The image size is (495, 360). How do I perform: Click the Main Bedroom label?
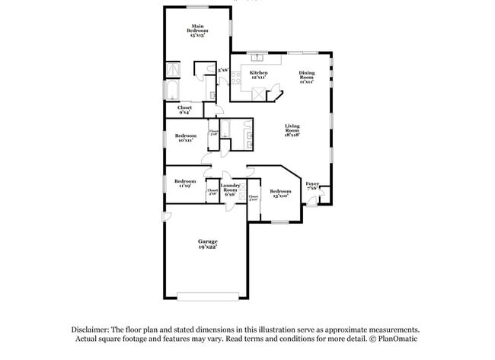(x=198, y=31)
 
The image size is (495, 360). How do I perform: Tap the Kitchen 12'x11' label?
(x=258, y=75)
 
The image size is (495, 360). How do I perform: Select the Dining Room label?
(x=306, y=77)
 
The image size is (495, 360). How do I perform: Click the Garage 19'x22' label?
(x=208, y=244)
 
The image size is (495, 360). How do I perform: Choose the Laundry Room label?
(x=230, y=190)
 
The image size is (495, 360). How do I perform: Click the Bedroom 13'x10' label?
(x=279, y=193)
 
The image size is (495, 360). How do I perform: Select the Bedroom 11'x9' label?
(x=185, y=183)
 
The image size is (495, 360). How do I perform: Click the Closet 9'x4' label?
(x=184, y=110)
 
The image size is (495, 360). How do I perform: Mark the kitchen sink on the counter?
(x=256, y=57)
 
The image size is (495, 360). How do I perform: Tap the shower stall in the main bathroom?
(x=173, y=69)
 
